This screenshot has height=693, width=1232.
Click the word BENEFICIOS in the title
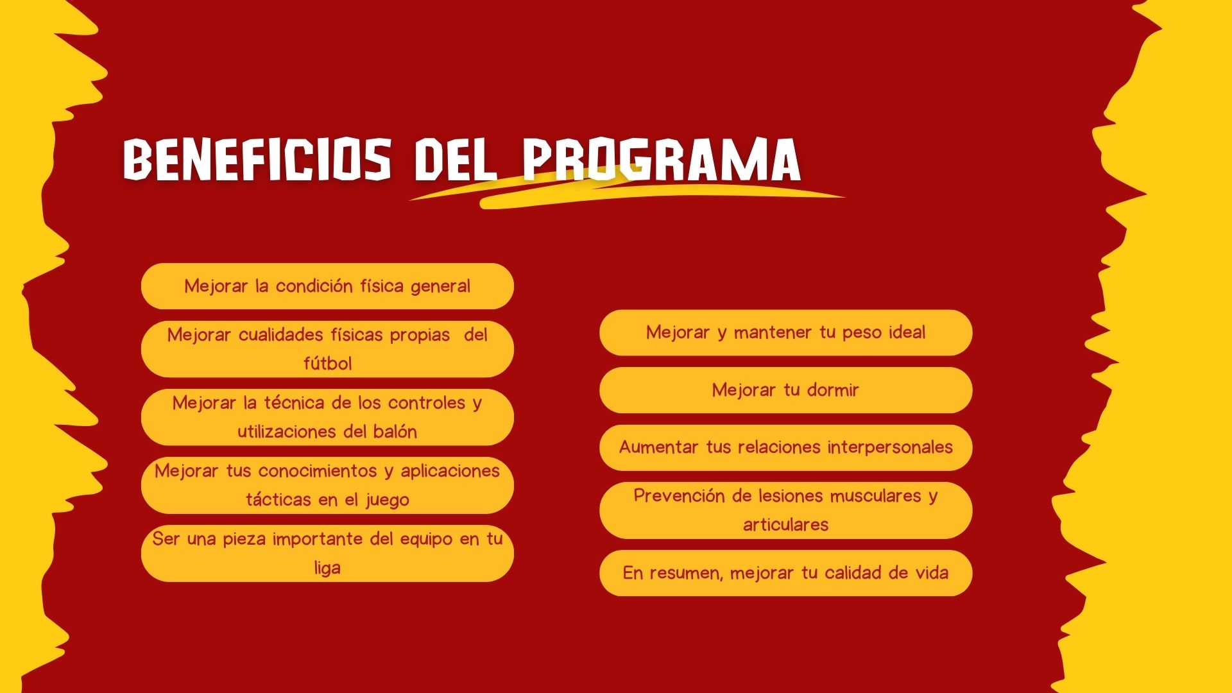257,158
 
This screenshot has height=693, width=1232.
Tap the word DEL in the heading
456,158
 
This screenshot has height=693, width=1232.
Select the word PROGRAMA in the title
662,158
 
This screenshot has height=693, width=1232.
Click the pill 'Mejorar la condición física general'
327,286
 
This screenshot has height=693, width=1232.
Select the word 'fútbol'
327,363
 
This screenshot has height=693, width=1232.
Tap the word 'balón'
395,431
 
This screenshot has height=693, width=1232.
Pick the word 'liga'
327,568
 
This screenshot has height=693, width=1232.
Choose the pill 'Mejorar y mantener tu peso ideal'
786,332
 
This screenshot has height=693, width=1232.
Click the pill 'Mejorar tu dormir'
786,390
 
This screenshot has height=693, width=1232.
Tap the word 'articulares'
786,525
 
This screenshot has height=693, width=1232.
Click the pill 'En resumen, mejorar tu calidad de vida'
786,573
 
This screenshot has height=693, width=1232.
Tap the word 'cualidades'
282,334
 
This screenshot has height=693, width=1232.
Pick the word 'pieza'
245,539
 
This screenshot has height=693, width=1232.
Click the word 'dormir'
833,390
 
